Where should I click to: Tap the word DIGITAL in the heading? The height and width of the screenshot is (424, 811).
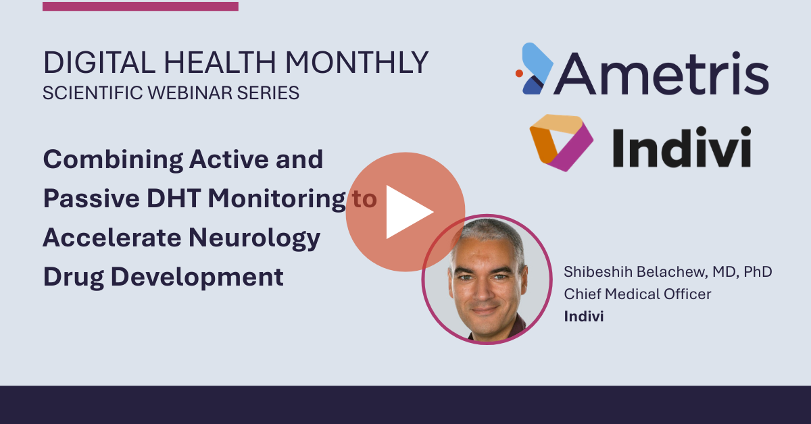click(x=99, y=63)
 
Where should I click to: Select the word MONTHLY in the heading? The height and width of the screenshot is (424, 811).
click(x=357, y=63)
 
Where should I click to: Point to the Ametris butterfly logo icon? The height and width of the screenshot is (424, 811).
click(x=535, y=69)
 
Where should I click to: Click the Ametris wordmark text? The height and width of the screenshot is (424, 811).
click(x=661, y=74)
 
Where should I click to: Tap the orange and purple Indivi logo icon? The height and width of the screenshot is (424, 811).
click(x=561, y=143)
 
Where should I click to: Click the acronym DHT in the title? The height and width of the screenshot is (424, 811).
click(x=174, y=198)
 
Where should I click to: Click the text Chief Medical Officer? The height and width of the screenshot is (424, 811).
click(x=637, y=294)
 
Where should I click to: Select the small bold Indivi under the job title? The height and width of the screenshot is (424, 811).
click(x=584, y=316)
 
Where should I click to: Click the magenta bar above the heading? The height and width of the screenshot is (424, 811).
click(x=141, y=7)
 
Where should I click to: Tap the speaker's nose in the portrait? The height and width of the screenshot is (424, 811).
click(x=482, y=291)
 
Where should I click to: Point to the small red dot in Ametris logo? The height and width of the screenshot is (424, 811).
click(x=519, y=74)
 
